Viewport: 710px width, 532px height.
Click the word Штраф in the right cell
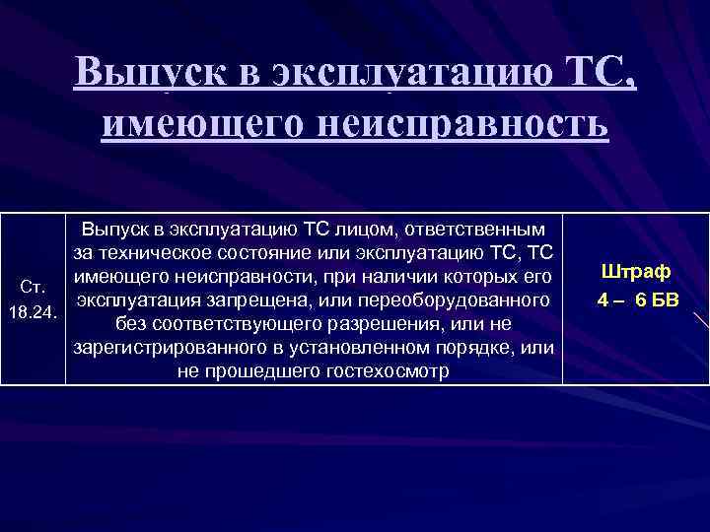pos(635,271)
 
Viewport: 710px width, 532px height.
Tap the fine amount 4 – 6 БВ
pos(635,299)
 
